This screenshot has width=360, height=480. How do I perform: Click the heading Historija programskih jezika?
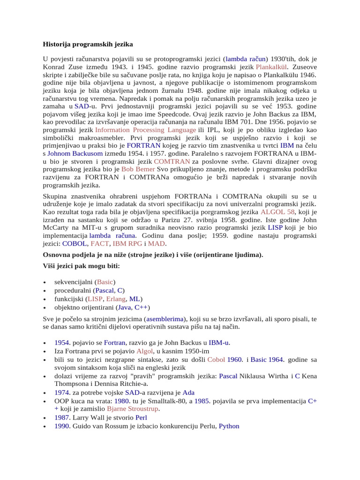pos(88,44)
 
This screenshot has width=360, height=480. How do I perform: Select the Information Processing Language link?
pos(145,130)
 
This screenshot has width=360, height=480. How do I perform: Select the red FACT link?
pos(99,244)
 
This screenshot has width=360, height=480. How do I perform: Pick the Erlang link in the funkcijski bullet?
pos(116,299)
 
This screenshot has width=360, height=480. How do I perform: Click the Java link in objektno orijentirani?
pos(124,307)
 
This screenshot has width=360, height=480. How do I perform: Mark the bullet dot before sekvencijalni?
pos(44,283)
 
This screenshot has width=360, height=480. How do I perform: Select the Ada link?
pos(188,392)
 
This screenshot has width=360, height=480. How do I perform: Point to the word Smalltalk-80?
pos(165,401)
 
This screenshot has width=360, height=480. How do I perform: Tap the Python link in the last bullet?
pos(229,426)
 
